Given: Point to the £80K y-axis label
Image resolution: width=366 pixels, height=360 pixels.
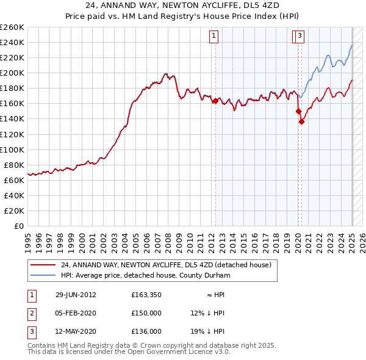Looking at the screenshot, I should click(x=14, y=165).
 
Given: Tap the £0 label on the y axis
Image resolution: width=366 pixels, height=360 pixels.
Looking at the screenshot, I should click(x=19, y=226).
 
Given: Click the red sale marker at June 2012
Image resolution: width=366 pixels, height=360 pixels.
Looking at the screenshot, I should click(x=215, y=101).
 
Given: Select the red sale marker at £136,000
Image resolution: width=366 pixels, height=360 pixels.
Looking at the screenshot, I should click(x=301, y=121).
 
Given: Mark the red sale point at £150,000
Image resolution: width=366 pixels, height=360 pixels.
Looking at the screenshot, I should click(x=298, y=111).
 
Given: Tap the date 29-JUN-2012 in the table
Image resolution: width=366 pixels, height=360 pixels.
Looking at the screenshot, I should click(x=76, y=295).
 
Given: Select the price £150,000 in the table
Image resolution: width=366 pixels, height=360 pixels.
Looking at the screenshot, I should click(x=146, y=314).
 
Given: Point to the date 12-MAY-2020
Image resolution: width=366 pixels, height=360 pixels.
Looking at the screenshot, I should click(x=76, y=333).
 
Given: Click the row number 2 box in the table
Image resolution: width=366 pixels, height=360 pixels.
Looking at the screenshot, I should click(x=30, y=314).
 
